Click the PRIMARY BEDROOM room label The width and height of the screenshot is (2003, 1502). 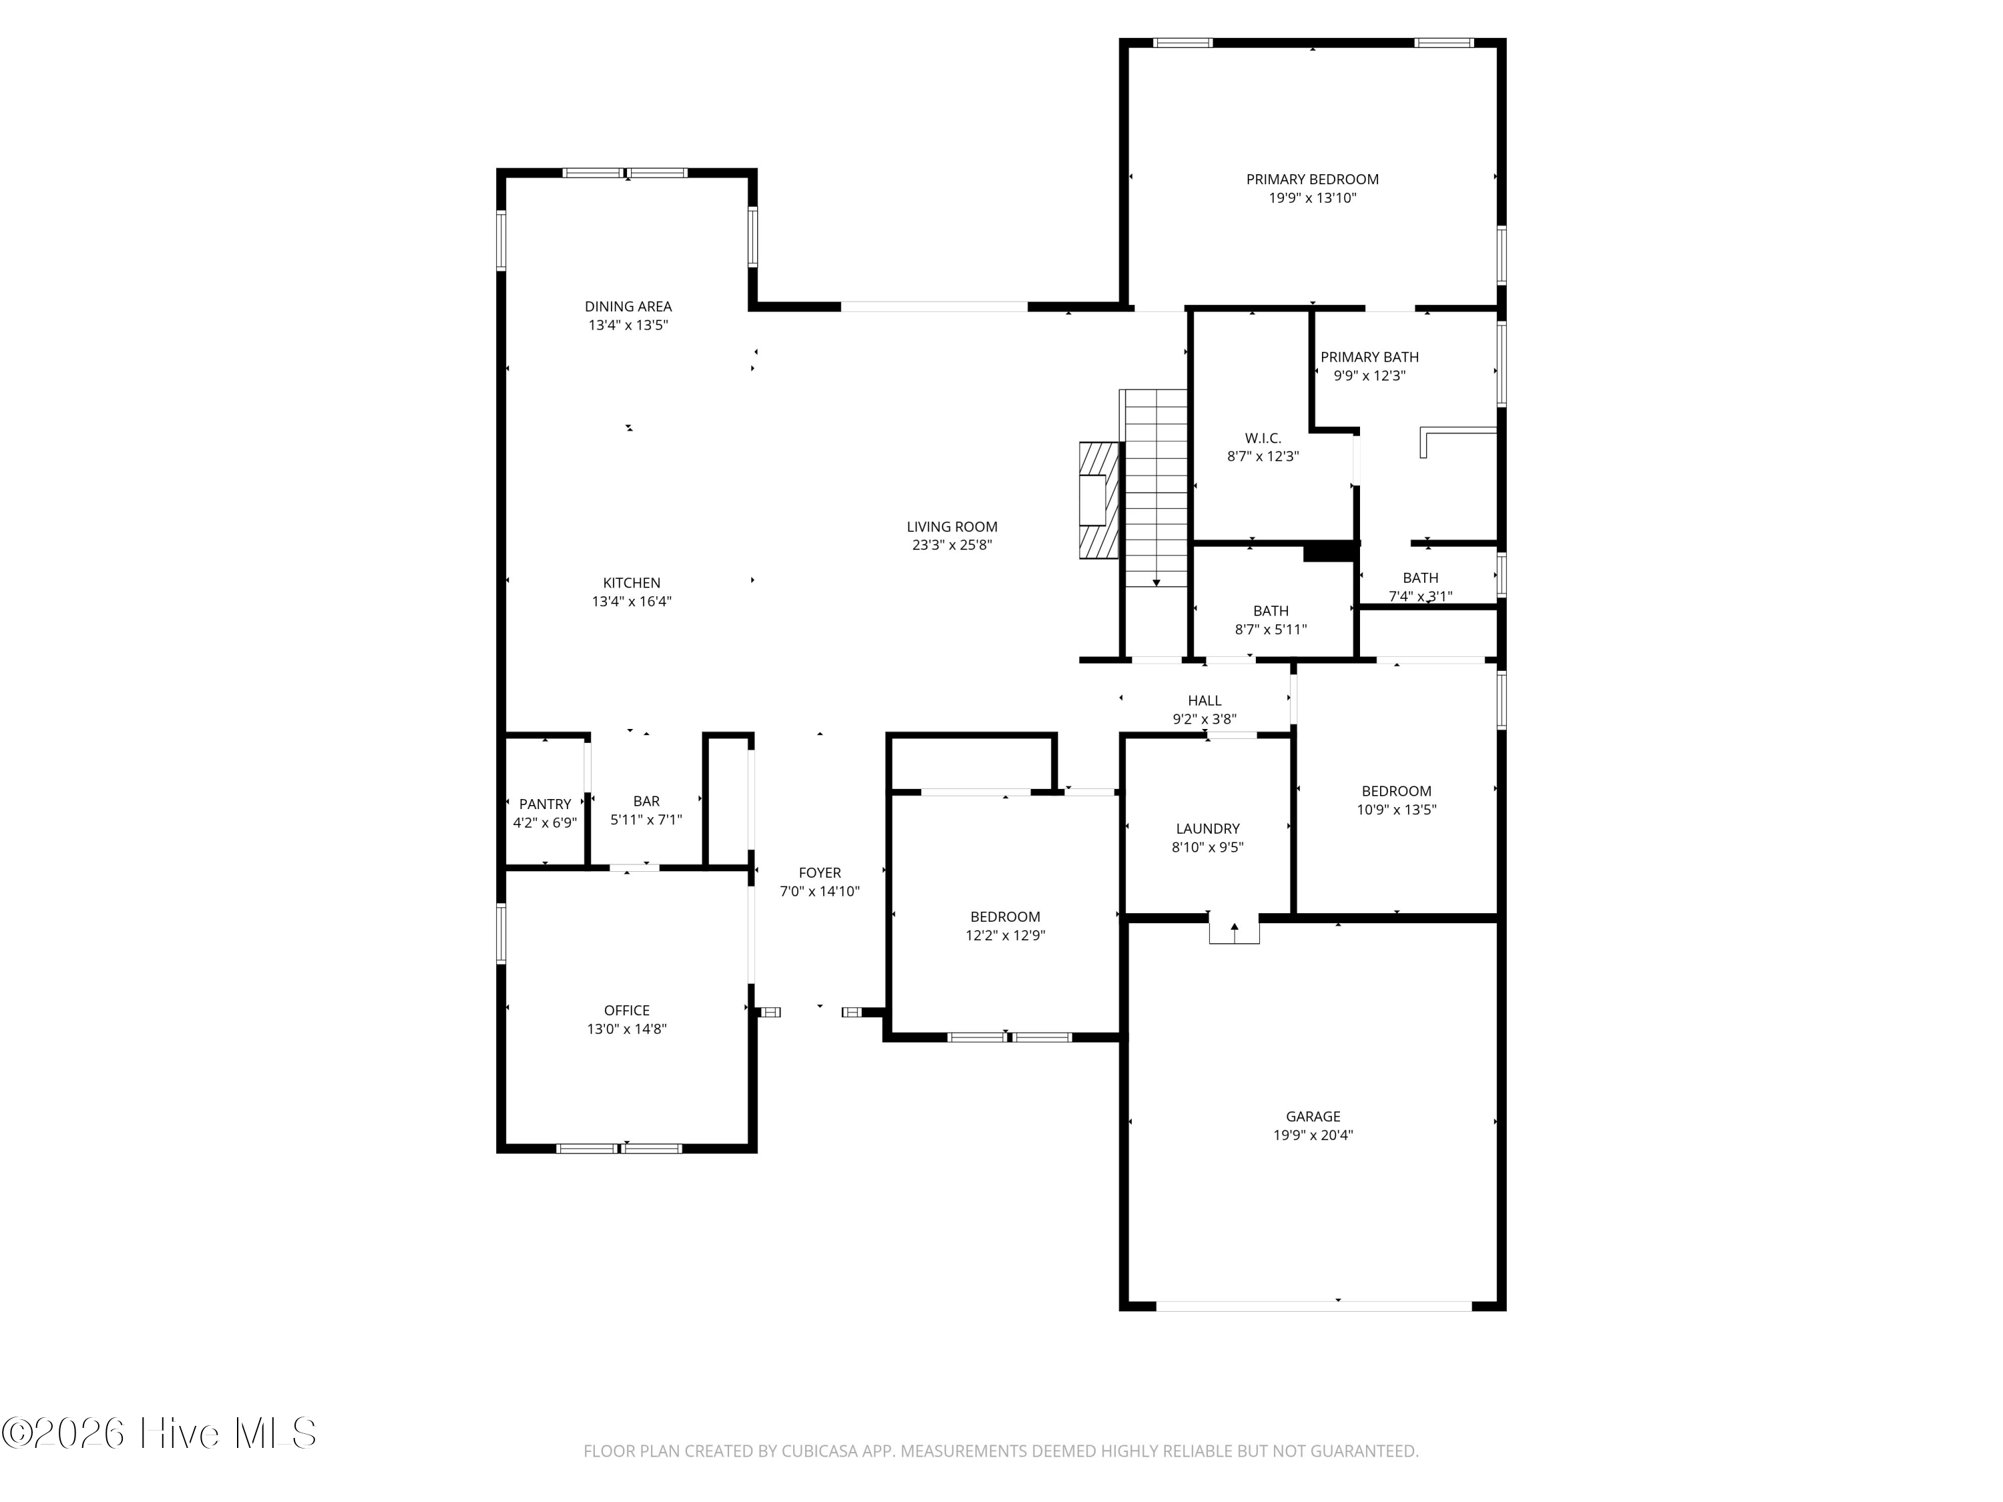coord(1312,180)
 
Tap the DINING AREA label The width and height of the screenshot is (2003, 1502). coord(628,306)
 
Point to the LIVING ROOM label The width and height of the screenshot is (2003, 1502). coord(951,526)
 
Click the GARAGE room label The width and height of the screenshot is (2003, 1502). coord(1313,1116)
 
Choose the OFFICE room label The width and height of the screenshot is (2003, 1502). coord(627,1011)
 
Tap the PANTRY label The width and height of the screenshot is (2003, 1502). coord(545,804)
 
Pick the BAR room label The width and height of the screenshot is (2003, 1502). coord(646,801)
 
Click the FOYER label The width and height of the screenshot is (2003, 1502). coord(819,872)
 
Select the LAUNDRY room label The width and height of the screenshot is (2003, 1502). coord(1208,828)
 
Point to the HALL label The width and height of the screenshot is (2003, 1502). coord(1204,701)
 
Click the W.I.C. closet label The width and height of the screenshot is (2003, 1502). coord(1263,438)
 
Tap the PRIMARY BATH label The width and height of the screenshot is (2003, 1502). coord(1369,356)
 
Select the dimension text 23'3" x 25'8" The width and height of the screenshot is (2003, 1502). coord(951,545)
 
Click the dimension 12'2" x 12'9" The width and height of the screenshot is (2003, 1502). coord(1005,935)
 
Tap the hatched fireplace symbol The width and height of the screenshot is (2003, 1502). coord(1099,501)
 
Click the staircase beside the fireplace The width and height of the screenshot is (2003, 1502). coord(1154,488)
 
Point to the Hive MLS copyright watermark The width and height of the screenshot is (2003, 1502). coord(160,1433)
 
